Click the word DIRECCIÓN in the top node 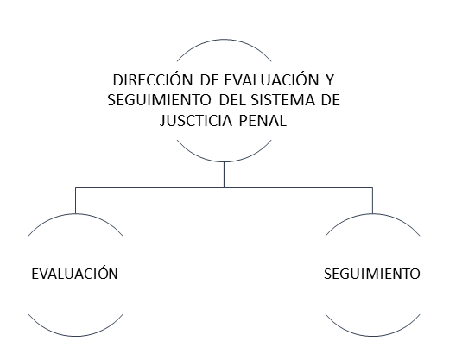pyautogui.click(x=153, y=79)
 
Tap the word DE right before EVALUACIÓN pyautogui.click(x=209, y=80)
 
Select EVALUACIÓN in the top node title pyautogui.click(x=271, y=79)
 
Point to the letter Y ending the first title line pyautogui.click(x=330, y=80)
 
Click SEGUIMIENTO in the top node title pyautogui.click(x=159, y=100)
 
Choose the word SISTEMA pyautogui.click(x=282, y=100)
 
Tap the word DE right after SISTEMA pyautogui.click(x=331, y=100)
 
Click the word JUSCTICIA pyautogui.click(x=196, y=120)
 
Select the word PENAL pyautogui.click(x=263, y=120)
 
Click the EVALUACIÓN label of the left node pyautogui.click(x=75, y=273)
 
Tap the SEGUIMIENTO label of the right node pyautogui.click(x=372, y=274)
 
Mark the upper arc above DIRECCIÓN pyautogui.click(x=224, y=40)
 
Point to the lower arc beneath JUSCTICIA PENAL pyautogui.click(x=224, y=161)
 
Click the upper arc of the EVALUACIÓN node pyautogui.click(x=76, y=214)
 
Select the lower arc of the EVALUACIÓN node pyautogui.click(x=76, y=336)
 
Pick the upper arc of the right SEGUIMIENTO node pyautogui.click(x=372, y=214)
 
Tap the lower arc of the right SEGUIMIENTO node pyautogui.click(x=372, y=336)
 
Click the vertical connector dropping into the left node pyautogui.click(x=76, y=200)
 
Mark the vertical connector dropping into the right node pyautogui.click(x=372, y=200)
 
